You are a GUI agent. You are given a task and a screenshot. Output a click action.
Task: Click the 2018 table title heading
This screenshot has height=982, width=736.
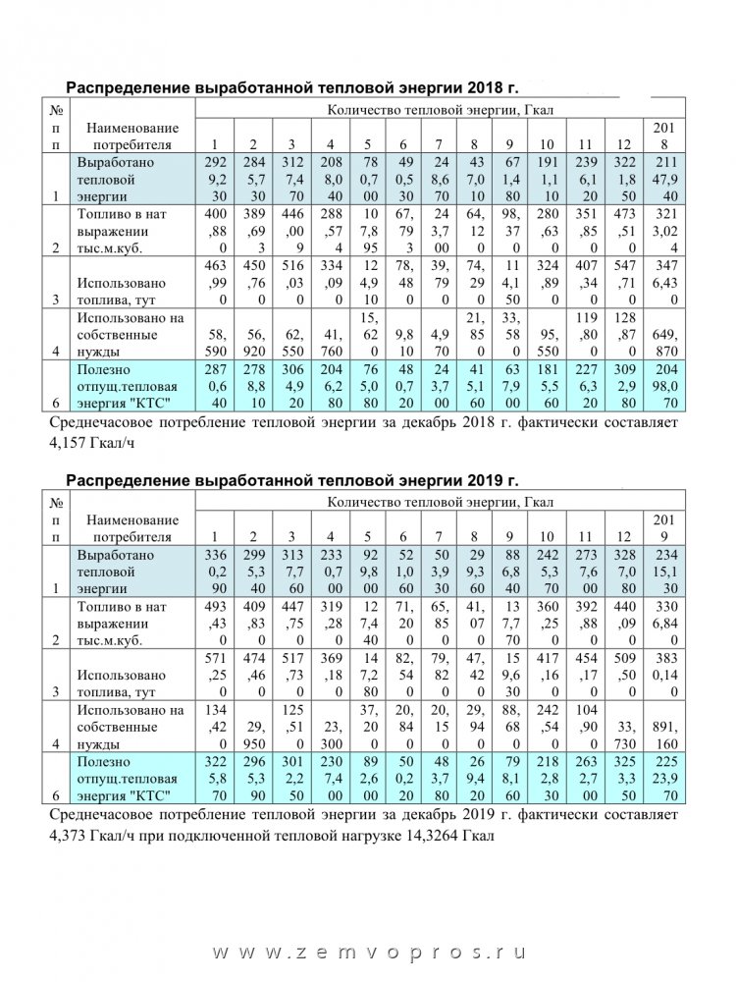[291, 86]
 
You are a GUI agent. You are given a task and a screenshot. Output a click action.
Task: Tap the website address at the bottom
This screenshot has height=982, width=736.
[369, 953]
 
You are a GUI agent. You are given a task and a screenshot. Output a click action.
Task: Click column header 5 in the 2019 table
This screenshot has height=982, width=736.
[365, 537]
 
